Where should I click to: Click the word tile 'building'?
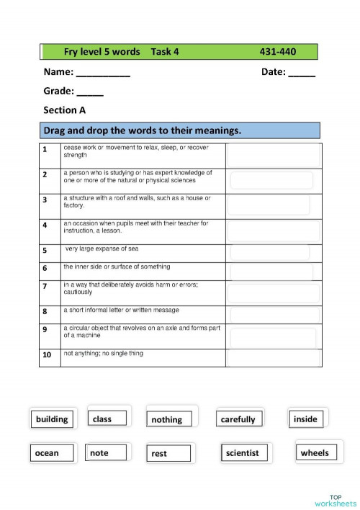pos(52,419)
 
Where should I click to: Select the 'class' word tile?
pos(108,419)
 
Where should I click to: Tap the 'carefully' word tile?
pos(238,419)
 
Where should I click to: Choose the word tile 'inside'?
pos(306,419)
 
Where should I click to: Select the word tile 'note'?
pos(107,453)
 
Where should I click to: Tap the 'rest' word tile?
pos(170,454)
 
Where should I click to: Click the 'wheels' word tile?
pos(315,453)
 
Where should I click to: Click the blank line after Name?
pos(103,73)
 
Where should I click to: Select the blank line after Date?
pos(302,73)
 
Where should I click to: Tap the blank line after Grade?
pos(90,93)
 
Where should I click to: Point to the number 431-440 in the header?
pos(278,52)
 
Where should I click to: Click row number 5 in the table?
pos(45,251)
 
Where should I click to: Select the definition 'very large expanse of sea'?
pos(102,249)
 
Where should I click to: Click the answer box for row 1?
pos(274,155)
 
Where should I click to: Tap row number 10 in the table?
pos(46,355)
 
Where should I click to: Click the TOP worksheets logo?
pos(335,500)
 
